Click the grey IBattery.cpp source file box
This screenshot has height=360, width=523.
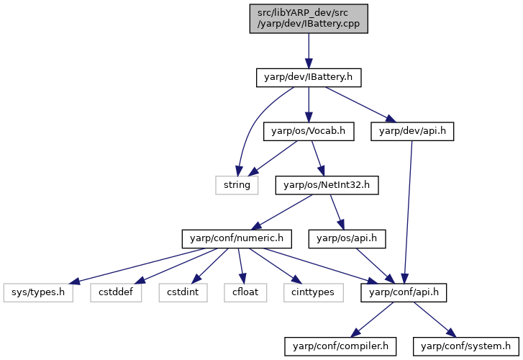[x=309, y=19]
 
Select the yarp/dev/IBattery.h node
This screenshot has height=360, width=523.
[x=309, y=78]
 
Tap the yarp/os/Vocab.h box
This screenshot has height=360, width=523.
[x=309, y=131]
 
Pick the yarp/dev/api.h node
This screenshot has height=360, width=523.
[x=412, y=131]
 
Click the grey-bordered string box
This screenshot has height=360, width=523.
[x=237, y=185]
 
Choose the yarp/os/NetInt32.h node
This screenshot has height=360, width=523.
[x=327, y=185]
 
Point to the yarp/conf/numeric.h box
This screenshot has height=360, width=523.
[x=237, y=239]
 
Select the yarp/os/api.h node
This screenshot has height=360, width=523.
[x=347, y=239]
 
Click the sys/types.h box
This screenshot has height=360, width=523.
[x=38, y=292]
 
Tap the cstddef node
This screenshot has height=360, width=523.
[x=116, y=292]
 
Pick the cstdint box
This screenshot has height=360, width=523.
[x=183, y=292]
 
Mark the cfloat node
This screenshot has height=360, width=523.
[x=245, y=292]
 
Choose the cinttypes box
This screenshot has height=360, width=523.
[x=314, y=292]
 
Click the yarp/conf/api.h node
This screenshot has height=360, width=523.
[x=404, y=292]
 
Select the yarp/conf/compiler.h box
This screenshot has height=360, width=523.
[x=340, y=346]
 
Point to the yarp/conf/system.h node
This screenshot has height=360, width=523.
[x=466, y=346]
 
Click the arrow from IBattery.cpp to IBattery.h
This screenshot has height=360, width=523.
[x=309, y=51]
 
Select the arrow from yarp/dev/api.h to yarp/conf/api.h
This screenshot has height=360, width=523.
[x=408, y=212]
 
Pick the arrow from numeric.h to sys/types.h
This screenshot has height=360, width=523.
[x=137, y=266]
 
